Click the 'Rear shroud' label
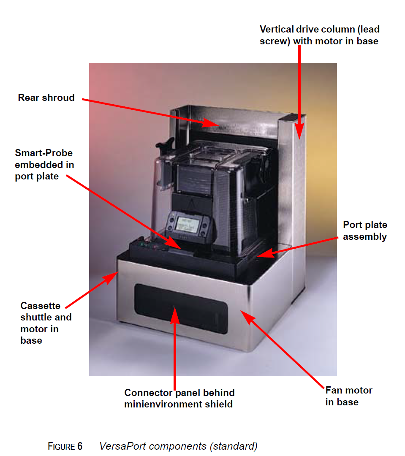(46, 98)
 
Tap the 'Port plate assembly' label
(364, 231)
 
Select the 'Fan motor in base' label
(348, 396)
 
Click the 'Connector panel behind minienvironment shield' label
(179, 398)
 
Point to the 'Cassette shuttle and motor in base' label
(46, 323)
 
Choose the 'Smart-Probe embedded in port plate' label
(44, 164)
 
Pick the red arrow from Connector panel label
(174, 346)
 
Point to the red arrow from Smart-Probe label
(123, 211)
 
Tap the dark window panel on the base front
(181, 309)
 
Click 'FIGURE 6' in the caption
(65, 446)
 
